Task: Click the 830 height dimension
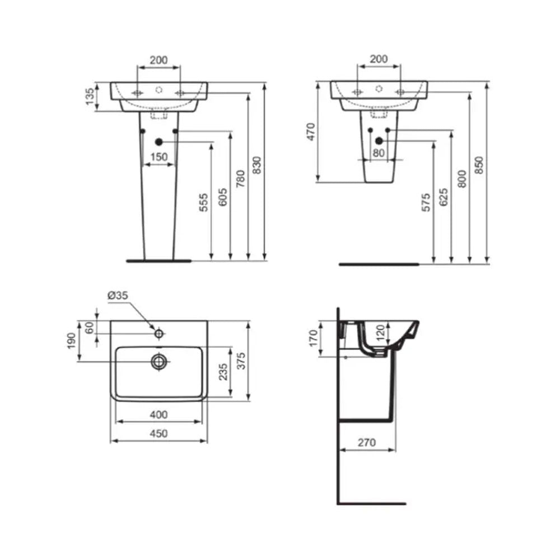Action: (256, 165)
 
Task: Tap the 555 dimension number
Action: (204, 203)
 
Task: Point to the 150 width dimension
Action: (160, 157)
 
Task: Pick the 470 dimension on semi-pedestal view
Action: (311, 132)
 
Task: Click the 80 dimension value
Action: (379, 153)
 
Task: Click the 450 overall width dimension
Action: (159, 433)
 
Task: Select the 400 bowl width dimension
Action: (159, 415)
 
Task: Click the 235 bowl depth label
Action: (222, 372)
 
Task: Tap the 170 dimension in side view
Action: (313, 337)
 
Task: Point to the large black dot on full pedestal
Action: (158, 142)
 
